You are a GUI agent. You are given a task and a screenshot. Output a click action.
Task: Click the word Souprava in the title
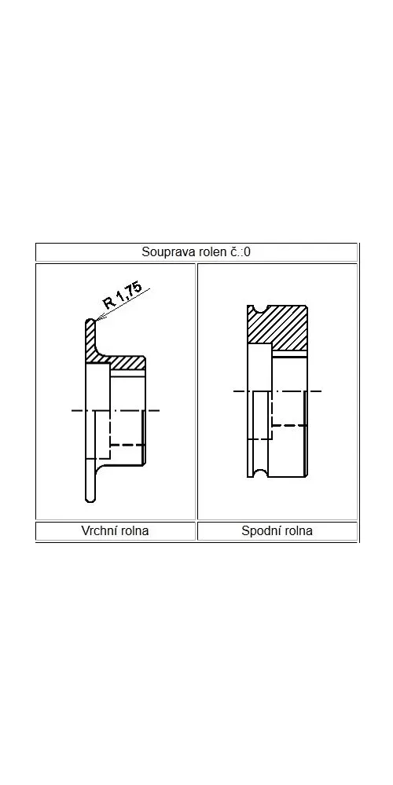tap(161, 251)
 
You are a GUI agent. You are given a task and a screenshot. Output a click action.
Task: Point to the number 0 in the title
tap(247, 251)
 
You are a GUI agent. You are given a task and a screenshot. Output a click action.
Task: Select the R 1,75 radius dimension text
tap(123, 296)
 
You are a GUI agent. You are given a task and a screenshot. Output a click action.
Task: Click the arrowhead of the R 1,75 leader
tap(99, 317)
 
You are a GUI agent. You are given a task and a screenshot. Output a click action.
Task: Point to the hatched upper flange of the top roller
tap(91, 342)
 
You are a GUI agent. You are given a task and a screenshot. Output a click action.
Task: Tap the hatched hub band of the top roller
tap(127, 362)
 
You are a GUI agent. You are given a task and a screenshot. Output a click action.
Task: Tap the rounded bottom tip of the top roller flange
tap(90, 499)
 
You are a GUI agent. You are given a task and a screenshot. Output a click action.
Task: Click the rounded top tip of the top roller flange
tap(90, 321)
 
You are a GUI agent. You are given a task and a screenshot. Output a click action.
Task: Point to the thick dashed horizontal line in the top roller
tap(127, 445)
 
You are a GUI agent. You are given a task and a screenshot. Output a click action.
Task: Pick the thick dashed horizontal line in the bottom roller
tap(289, 425)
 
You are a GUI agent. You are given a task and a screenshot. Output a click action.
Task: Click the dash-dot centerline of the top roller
tap(116, 410)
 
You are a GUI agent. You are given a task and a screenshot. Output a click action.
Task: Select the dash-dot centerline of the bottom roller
tap(277, 391)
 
